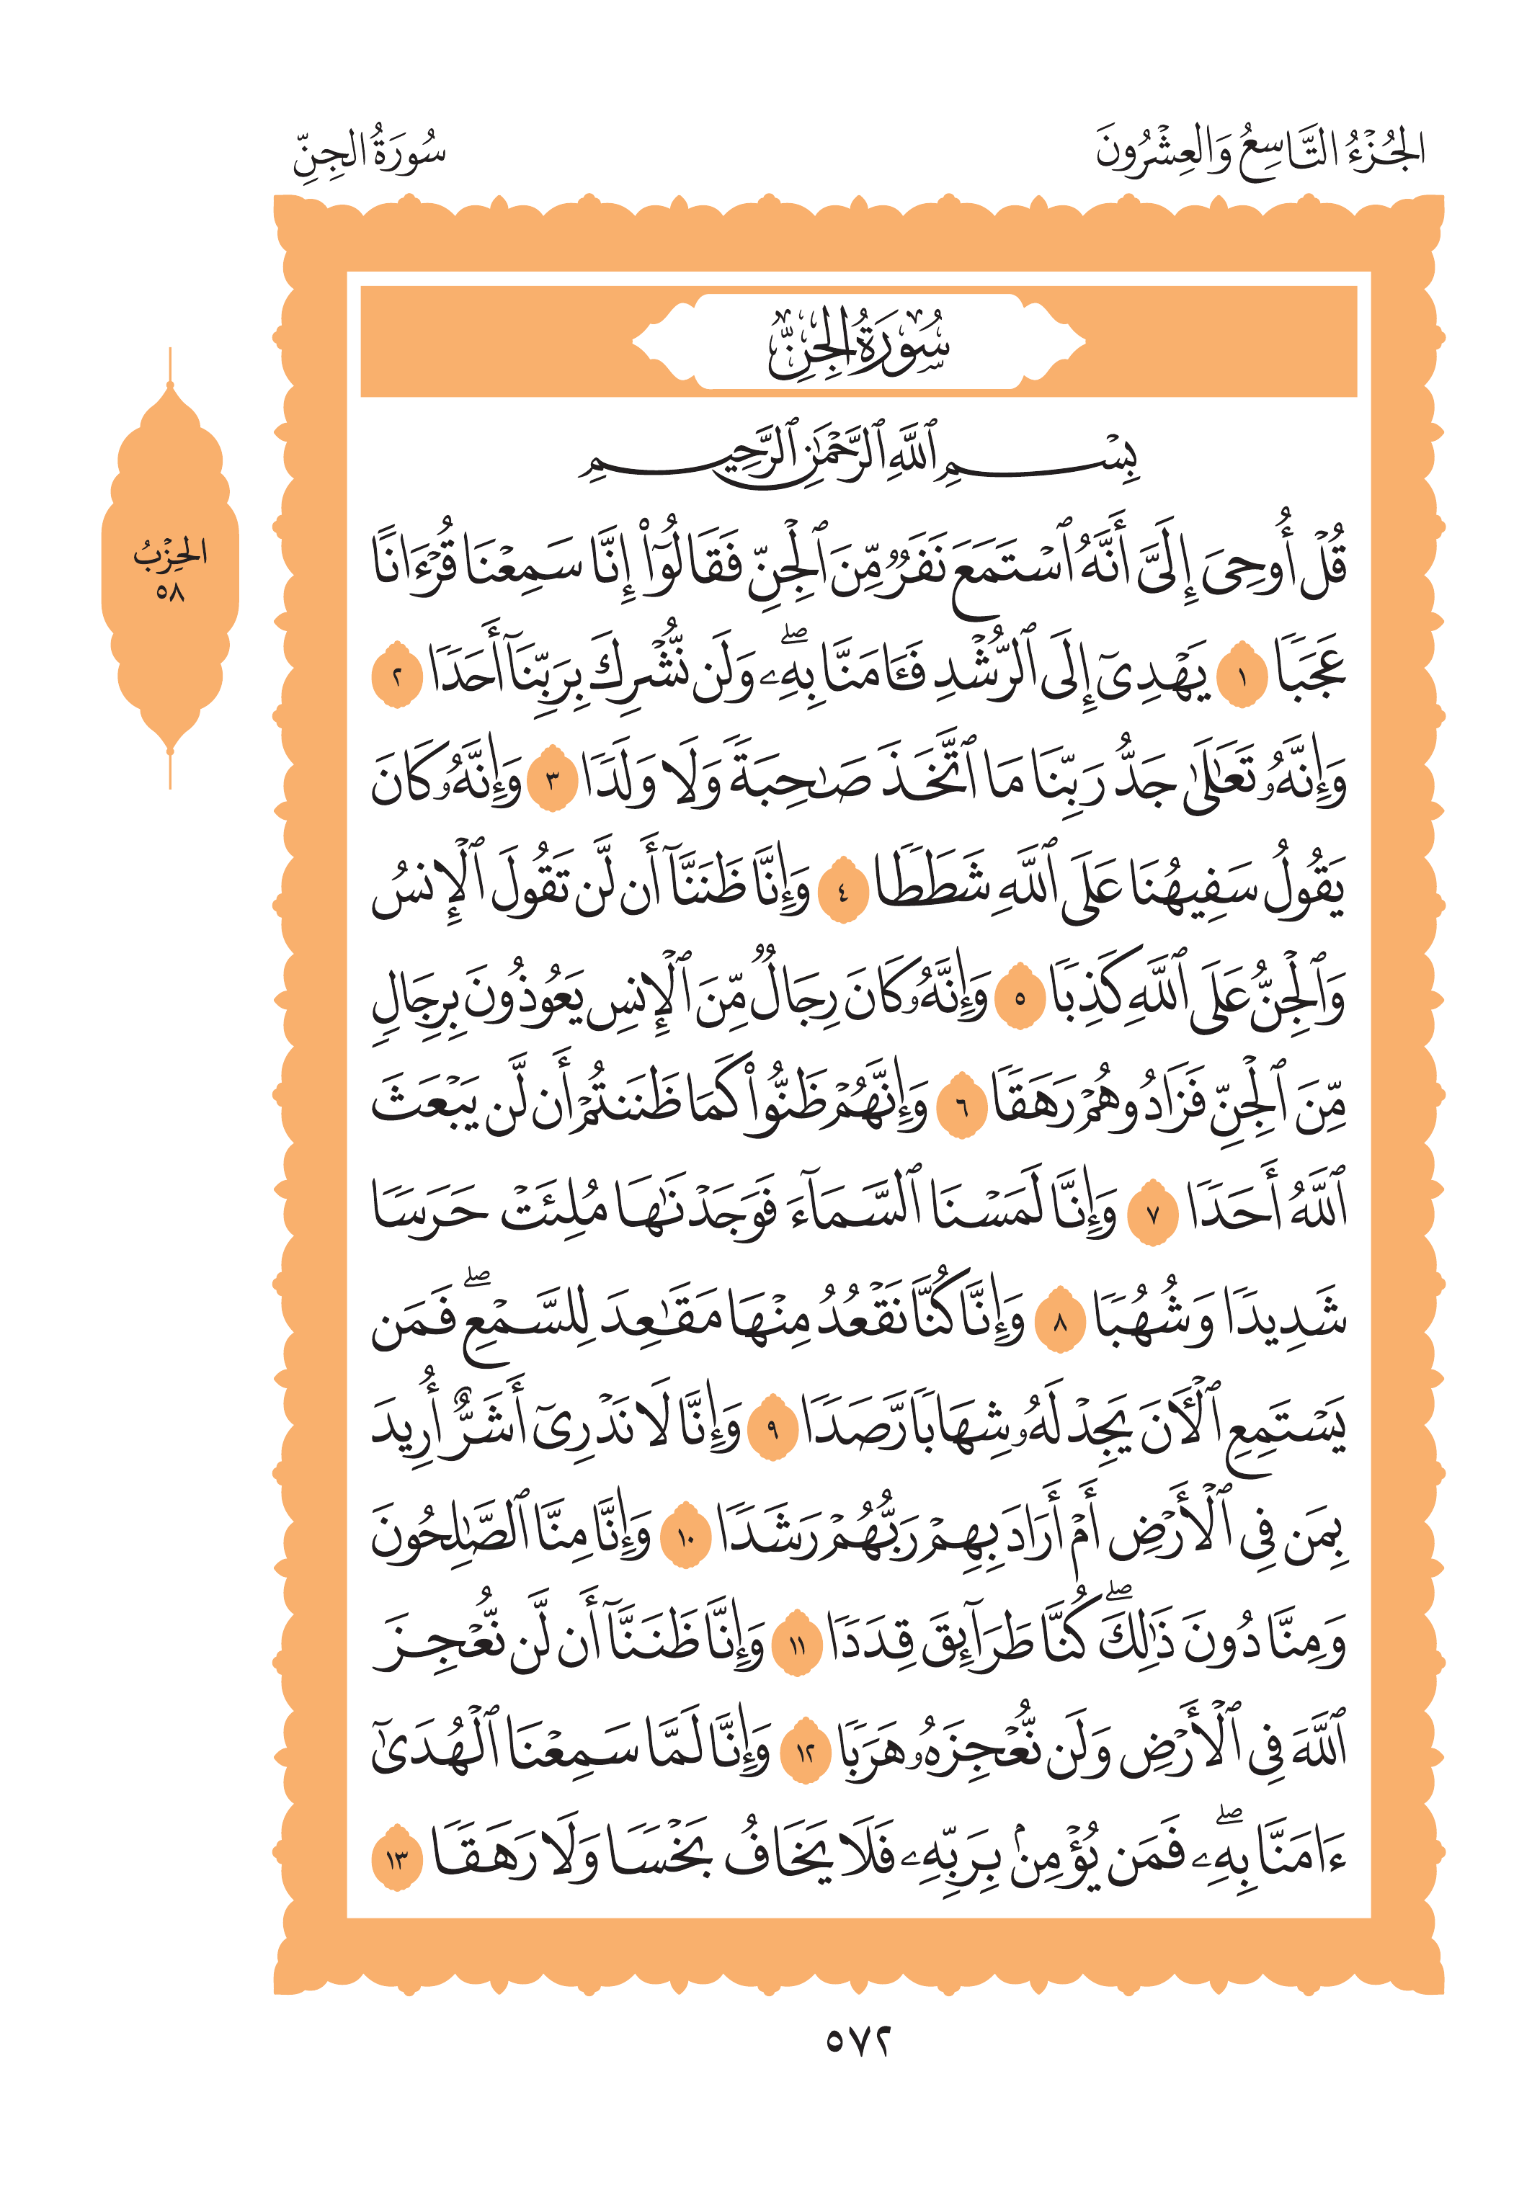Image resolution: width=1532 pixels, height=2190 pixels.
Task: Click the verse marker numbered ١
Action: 1240,680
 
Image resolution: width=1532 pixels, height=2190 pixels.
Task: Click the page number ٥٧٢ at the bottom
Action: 858,2039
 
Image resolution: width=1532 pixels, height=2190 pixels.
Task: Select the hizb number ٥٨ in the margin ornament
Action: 170,592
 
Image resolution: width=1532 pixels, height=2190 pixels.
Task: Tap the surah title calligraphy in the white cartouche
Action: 858,341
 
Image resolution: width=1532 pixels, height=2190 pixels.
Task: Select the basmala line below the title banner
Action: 858,458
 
